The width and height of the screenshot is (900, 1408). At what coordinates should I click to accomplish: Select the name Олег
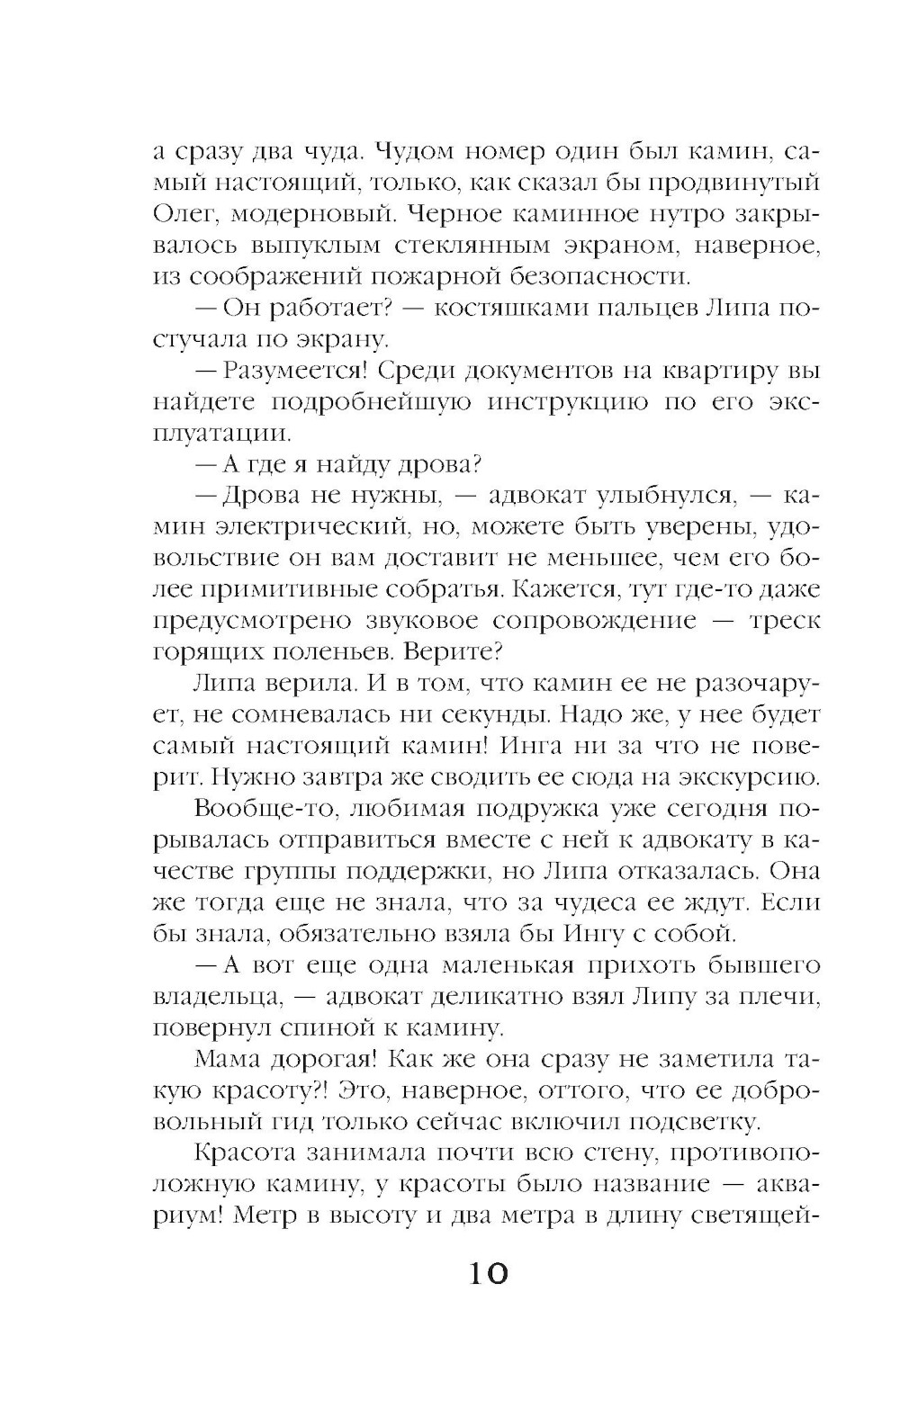[181, 214]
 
